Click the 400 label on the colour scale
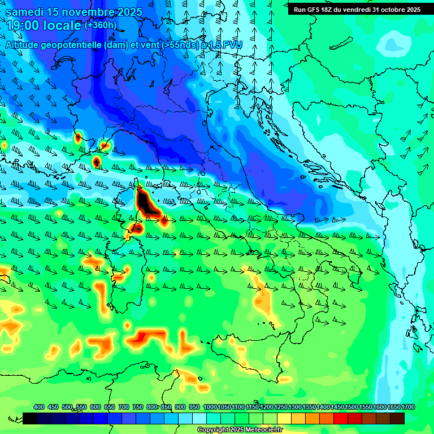[x=39, y=407]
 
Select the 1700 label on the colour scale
[x=409, y=407]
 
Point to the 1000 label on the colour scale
[x=210, y=407]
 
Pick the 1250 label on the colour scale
[x=281, y=407]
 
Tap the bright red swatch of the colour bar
[x=341, y=418]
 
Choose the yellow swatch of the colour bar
[x=284, y=418]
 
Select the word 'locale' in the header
[x=63, y=25]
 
